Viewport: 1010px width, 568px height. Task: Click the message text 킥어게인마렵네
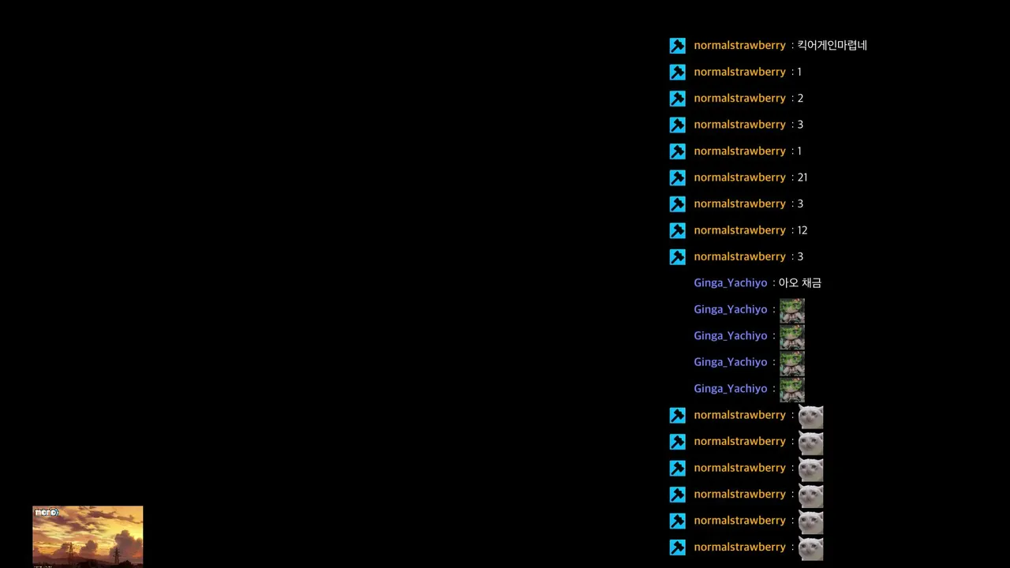click(x=832, y=45)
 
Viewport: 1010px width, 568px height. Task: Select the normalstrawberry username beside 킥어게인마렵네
click(x=739, y=45)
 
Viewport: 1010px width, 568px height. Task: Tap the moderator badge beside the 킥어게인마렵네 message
click(x=677, y=46)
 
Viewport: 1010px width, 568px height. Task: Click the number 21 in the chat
click(x=802, y=177)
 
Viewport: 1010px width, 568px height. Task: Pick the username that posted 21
click(x=739, y=177)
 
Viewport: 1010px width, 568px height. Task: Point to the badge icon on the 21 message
click(x=677, y=177)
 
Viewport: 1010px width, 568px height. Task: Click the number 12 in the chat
click(x=802, y=230)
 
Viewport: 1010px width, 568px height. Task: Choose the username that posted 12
click(x=739, y=230)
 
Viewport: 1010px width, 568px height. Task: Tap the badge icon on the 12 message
click(x=677, y=230)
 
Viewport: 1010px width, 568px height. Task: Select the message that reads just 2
click(x=800, y=98)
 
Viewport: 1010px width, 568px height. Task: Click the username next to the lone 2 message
click(x=739, y=98)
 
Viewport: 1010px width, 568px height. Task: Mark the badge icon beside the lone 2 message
click(x=677, y=99)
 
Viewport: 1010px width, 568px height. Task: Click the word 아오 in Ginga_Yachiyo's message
click(x=788, y=282)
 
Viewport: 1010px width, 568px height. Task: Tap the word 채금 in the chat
click(x=812, y=282)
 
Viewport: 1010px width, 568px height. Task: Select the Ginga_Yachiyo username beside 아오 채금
click(x=730, y=282)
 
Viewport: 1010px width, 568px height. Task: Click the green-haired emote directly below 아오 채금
click(x=792, y=311)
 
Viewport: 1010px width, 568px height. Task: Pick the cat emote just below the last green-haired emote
click(x=810, y=417)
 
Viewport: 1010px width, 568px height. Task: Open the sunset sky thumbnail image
click(x=88, y=536)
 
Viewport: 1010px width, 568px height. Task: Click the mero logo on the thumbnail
click(x=47, y=512)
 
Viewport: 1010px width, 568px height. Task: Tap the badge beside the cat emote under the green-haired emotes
click(x=677, y=415)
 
